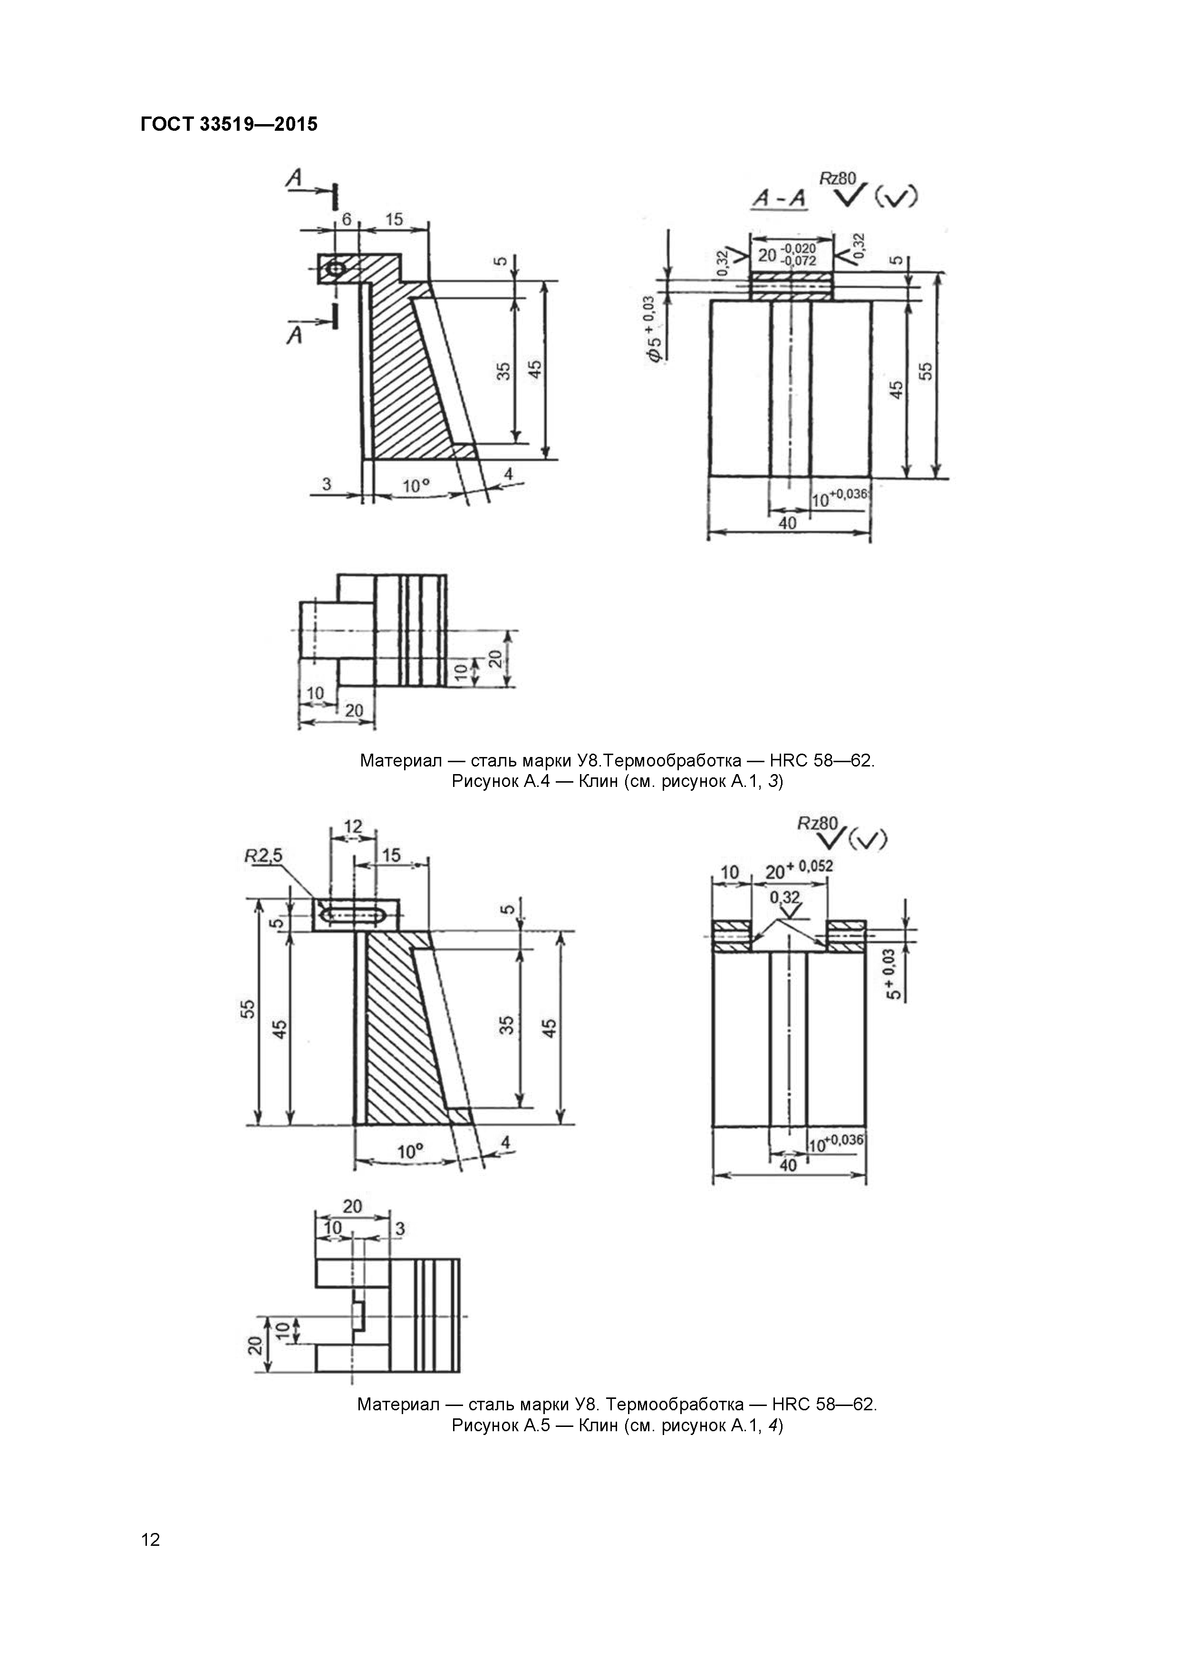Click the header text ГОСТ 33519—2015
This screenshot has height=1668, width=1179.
[229, 124]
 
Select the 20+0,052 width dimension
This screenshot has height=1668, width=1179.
[799, 869]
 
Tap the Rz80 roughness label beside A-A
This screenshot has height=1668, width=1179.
[838, 178]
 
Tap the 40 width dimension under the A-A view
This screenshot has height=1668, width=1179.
[787, 523]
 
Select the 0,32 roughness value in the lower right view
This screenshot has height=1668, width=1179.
[784, 898]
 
